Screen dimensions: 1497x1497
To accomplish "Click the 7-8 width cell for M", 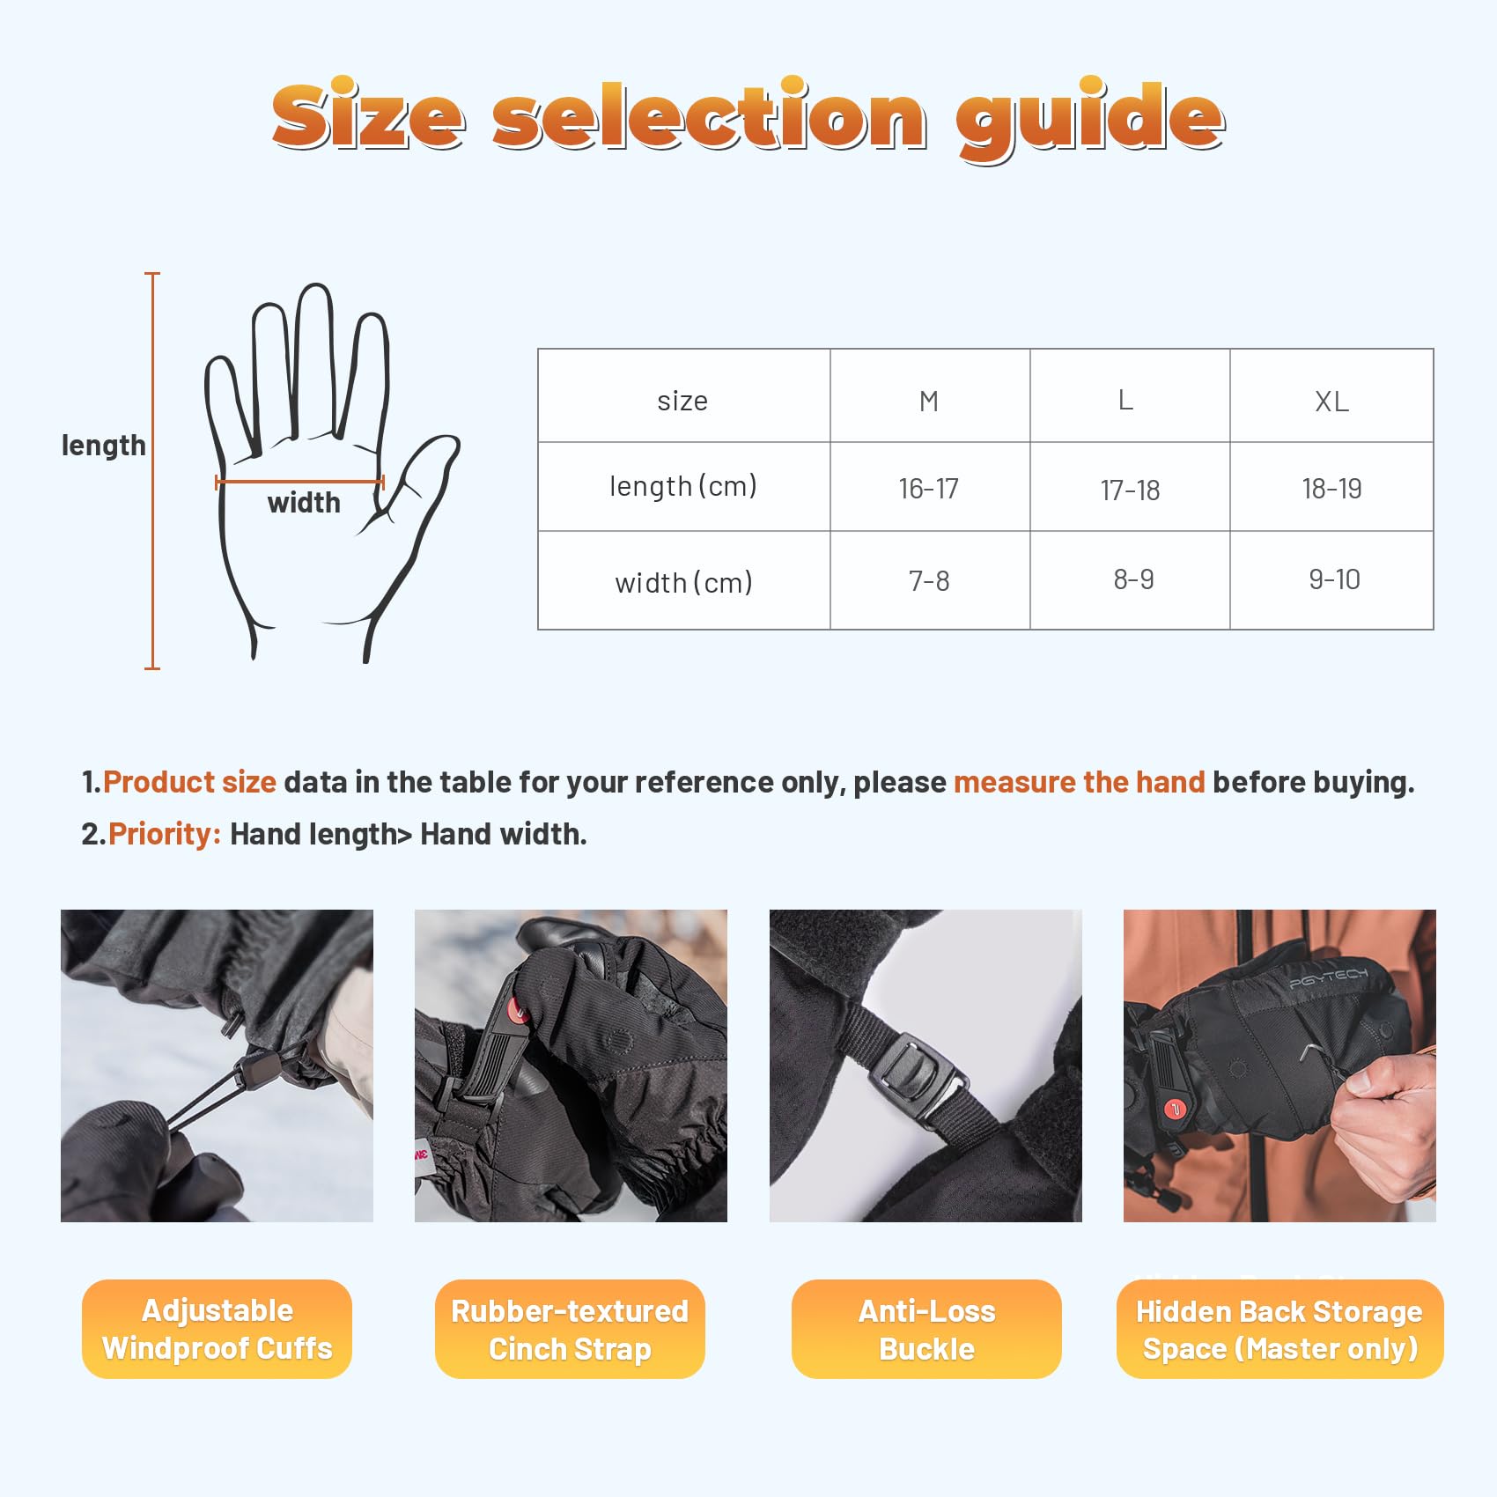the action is pos(930,580).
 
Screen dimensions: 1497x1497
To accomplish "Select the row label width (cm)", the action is pos(683,582).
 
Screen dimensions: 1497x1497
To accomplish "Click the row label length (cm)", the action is pos(683,486).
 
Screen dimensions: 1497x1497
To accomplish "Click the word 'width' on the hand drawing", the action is pos(304,502).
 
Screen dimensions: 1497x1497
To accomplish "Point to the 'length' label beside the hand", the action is pos(104,446).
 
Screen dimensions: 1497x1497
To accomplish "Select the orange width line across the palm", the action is pos(300,482).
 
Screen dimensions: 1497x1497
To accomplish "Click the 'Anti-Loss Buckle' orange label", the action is pos(926,1329).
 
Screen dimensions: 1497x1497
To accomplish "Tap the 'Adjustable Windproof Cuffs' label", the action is pos(217,1329).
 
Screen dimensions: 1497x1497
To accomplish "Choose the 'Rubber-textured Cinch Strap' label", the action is pos(570,1329).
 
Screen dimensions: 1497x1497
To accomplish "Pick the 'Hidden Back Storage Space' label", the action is pos(1279,1329).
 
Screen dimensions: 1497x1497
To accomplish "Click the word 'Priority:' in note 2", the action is pos(165,834).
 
